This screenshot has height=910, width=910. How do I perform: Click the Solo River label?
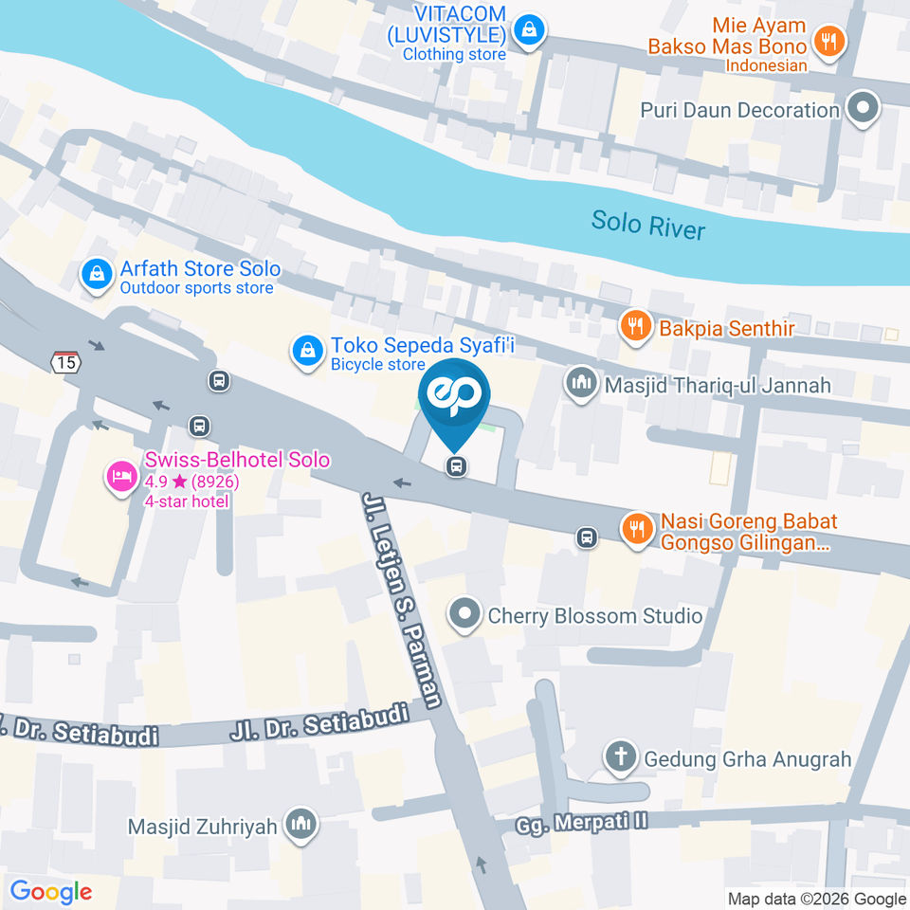coord(648,225)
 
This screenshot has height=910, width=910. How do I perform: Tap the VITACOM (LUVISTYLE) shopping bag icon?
coord(528,31)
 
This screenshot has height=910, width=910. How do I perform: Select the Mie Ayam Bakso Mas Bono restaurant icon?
coord(830,41)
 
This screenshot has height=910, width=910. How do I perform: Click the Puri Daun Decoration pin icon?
coord(863,109)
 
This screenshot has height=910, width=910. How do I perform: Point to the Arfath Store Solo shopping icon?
coord(96,276)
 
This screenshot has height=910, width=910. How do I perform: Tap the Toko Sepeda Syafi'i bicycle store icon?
coord(306,351)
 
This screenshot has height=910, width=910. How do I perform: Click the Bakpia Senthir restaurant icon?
coord(633,327)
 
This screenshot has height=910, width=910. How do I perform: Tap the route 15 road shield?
coord(65,362)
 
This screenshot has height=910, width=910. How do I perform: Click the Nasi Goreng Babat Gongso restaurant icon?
coord(635,529)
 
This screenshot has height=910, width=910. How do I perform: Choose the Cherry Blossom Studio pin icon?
coord(464,615)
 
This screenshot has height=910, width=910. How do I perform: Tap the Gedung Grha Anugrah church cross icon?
coord(621,757)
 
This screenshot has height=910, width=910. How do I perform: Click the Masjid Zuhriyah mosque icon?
coord(301,825)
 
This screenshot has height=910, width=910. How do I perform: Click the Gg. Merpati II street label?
coord(582,822)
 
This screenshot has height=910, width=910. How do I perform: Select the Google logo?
coord(51,891)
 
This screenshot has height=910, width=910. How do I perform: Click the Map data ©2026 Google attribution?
coord(816,899)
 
